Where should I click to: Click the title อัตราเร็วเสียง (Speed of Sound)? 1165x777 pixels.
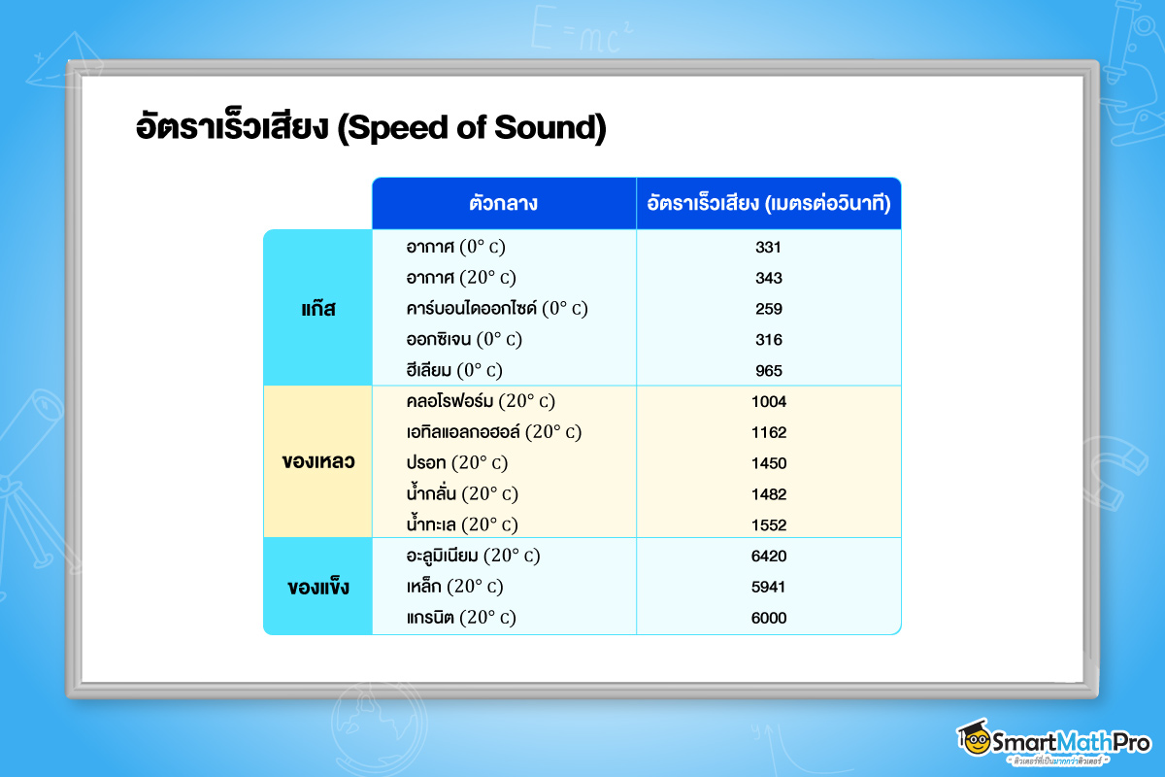[371, 129]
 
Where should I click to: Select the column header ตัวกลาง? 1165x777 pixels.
[503, 204]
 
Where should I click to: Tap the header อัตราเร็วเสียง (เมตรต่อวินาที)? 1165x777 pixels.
[769, 204]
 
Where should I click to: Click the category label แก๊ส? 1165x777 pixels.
[317, 309]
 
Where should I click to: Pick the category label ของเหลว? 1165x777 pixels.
[317, 461]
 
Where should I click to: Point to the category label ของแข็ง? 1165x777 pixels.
[317, 588]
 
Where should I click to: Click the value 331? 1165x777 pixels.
[768, 247]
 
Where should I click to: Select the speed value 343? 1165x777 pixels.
[768, 278]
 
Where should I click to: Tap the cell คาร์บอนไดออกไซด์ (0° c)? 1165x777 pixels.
[497, 309]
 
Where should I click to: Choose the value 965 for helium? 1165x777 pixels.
[768, 370]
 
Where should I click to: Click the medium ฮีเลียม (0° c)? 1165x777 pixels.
[454, 370]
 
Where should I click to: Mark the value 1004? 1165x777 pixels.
[768, 401]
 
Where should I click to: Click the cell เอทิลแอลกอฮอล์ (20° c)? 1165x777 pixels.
[494, 432]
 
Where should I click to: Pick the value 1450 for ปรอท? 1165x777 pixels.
[768, 463]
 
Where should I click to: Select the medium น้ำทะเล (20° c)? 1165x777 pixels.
[462, 524]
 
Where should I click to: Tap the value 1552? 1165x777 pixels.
[768, 524]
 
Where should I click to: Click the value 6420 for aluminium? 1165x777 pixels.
[768, 557]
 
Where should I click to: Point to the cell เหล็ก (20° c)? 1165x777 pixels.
[454, 588]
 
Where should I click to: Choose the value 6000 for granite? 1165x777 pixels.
[768, 618]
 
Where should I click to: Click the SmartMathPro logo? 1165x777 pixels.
[1052, 740]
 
